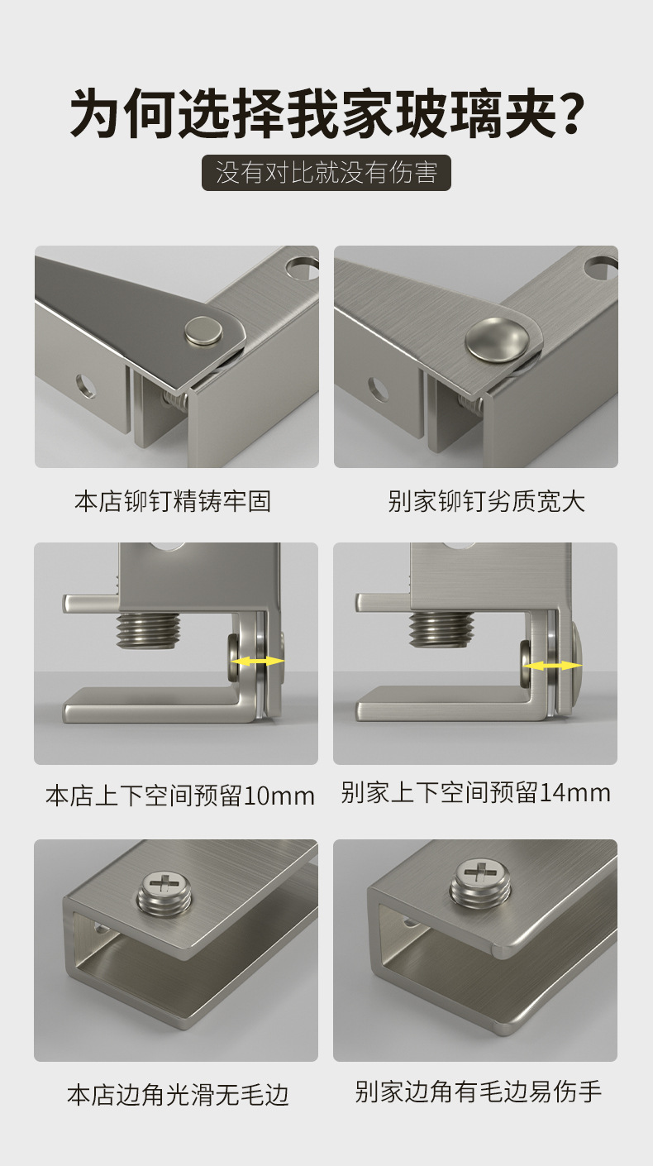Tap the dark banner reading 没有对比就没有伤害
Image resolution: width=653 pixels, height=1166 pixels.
pos(326,172)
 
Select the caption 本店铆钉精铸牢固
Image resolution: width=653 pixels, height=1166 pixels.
pos(173,501)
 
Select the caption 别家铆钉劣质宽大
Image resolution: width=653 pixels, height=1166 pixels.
pos(486,501)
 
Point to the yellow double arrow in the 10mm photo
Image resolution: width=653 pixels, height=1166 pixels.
pos(258,661)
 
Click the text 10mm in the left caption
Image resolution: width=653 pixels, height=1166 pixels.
pos(279,796)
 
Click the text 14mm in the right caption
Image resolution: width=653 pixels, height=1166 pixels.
pos(575,793)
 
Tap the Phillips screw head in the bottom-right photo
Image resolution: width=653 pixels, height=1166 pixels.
pos(479,882)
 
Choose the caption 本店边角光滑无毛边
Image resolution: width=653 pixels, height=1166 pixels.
pos(178,1094)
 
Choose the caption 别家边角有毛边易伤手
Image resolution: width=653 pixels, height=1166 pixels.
pos(478,1091)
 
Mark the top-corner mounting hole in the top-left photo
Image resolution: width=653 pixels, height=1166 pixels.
pos(302,268)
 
